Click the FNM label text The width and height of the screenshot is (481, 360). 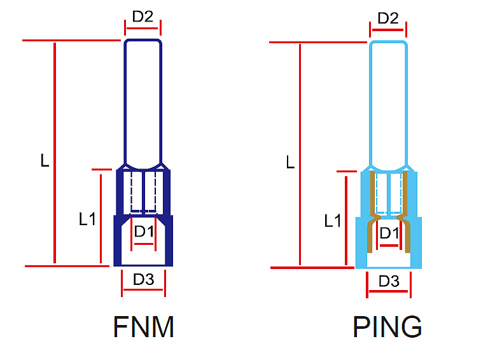144,327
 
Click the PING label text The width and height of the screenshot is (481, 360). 387,327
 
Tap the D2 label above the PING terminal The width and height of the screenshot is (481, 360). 388,18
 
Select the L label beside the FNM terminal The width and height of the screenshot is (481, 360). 45,161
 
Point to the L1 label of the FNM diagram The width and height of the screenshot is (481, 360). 87,219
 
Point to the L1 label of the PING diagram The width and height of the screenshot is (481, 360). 333,221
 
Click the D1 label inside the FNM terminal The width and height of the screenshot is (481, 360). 144,232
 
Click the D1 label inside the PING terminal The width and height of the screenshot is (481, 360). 389,233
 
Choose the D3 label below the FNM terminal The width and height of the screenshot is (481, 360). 143,279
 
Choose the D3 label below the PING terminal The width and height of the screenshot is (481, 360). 389,280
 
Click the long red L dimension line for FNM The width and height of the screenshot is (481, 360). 55,153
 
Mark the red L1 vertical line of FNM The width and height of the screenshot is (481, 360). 101,217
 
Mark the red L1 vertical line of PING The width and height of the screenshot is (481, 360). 345,219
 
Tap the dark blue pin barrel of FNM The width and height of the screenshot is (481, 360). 143,102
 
